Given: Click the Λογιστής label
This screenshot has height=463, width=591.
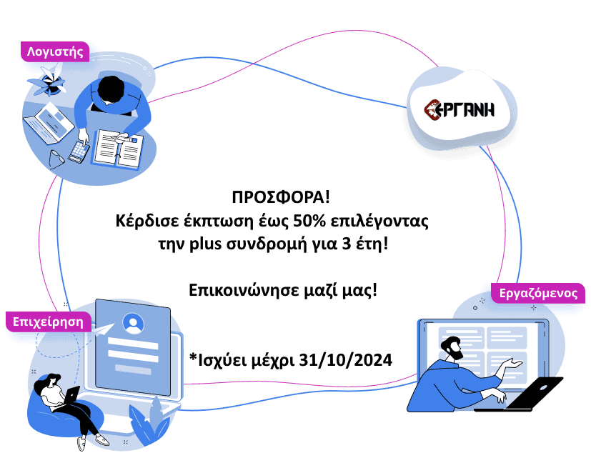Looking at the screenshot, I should pos(55,51).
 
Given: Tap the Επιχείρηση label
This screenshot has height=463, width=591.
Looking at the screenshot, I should pos(49,322).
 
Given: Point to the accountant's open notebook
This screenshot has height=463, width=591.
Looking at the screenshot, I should pos(116,148).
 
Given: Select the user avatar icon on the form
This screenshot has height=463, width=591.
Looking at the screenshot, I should pos(133,324).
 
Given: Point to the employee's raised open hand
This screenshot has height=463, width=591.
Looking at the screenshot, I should pos(510,365).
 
